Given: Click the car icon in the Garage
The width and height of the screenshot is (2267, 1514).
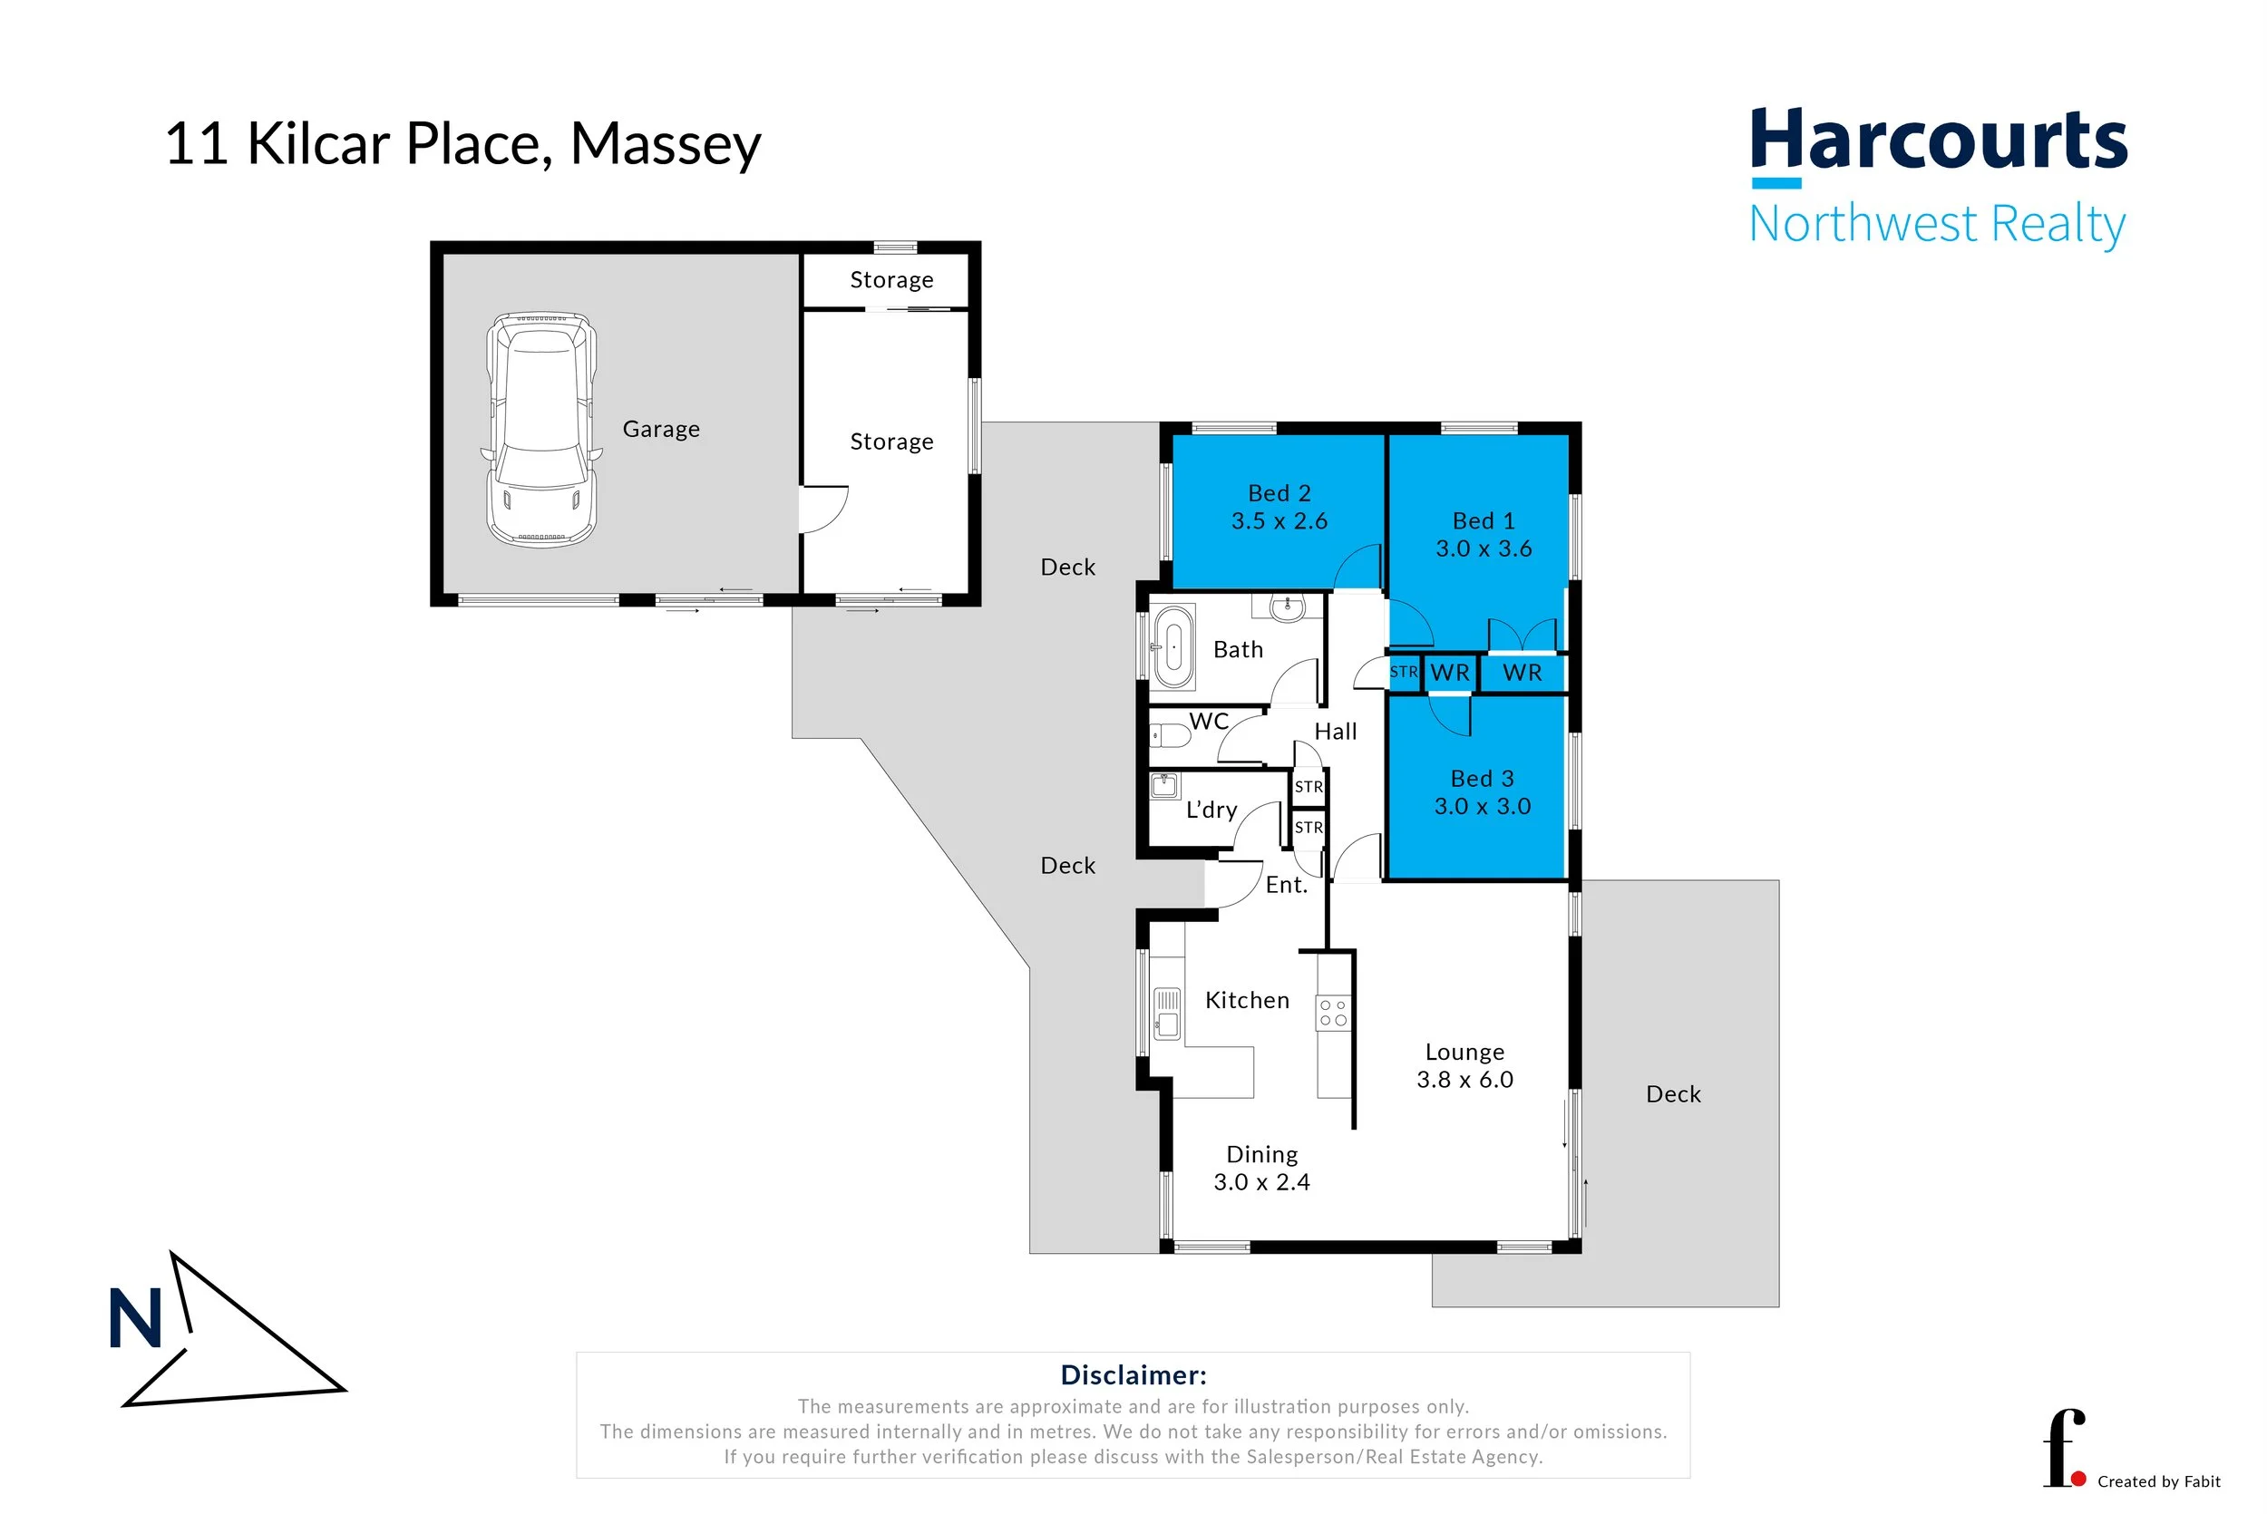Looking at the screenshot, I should (x=541, y=430).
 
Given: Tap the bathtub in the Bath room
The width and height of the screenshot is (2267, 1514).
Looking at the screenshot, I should (x=1173, y=646).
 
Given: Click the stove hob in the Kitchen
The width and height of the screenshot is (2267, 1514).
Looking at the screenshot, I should (x=1333, y=1013).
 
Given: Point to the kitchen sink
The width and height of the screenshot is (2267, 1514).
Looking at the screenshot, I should (x=1167, y=1013).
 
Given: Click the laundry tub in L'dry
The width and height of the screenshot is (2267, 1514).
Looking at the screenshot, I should (x=1165, y=784).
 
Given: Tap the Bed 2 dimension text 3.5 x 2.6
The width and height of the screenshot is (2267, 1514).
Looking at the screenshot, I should (x=1279, y=521).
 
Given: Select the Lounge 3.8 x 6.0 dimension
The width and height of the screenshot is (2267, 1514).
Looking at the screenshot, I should (x=1464, y=1080).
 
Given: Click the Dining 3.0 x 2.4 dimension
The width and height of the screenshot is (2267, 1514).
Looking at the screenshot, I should (x=1261, y=1182).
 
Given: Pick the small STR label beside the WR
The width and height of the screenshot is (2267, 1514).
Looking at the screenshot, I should (x=1403, y=672).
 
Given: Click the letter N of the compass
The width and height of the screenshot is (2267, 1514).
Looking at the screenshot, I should (x=135, y=1319).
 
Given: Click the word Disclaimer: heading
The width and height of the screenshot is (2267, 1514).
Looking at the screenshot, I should (x=1133, y=1375).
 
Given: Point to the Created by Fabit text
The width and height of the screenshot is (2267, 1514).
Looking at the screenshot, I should (x=2158, y=1482).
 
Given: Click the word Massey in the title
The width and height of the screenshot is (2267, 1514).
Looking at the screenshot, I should (x=666, y=144).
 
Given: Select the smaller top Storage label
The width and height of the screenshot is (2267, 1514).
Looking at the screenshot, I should (x=890, y=280).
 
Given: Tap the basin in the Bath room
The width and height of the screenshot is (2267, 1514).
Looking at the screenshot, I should (x=1287, y=607).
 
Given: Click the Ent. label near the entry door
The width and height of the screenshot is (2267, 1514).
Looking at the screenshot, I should (x=1286, y=885).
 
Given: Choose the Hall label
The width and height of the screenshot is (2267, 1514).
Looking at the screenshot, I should (x=1336, y=732).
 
